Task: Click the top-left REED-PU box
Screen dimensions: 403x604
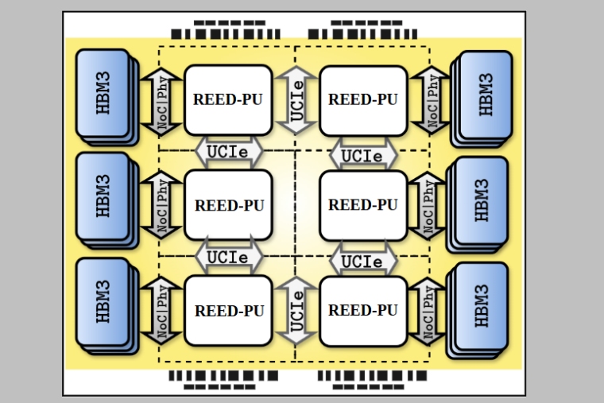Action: (x=228, y=100)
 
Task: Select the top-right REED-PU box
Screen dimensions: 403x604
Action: (x=363, y=100)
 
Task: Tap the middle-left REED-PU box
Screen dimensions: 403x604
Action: (x=228, y=205)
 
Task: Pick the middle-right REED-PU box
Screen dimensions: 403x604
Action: (x=363, y=205)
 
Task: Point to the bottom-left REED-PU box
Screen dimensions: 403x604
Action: (x=228, y=310)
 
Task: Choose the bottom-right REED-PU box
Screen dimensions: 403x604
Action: (x=363, y=310)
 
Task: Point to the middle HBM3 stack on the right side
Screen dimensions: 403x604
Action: (x=482, y=200)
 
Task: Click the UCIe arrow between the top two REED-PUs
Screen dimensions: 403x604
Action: (x=296, y=101)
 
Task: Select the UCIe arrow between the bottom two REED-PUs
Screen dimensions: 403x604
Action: (x=296, y=310)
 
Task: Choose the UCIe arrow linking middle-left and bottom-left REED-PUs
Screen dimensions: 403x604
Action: (x=228, y=258)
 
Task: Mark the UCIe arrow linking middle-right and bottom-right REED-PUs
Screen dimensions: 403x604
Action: (x=363, y=260)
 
